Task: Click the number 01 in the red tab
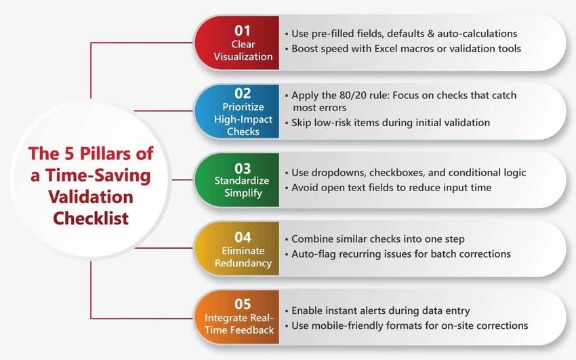[243, 31]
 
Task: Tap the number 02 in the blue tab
[243, 94]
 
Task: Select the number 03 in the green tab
[243, 168]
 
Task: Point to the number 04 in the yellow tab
[243, 237]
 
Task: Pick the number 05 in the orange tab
[243, 304]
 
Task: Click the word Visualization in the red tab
[243, 56]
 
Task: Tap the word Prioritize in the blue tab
[243, 107]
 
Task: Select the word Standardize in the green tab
[242, 180]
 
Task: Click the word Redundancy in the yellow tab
[243, 263]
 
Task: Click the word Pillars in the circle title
[105, 153]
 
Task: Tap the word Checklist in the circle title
[91, 218]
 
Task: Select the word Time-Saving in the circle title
[98, 176]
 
